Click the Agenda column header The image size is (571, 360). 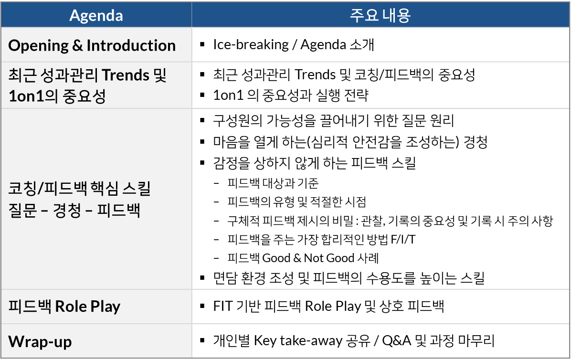96,16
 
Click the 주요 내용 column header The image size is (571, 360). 380,15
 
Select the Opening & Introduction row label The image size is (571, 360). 92,45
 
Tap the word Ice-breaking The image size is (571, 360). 251,44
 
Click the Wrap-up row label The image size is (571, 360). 40,341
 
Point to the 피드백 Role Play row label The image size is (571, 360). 64,306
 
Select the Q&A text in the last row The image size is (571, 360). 397,340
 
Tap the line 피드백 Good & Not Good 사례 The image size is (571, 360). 303,258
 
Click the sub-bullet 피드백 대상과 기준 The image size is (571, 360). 273,183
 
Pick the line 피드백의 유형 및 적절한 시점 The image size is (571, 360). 297,201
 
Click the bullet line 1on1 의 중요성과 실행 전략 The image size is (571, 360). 291,95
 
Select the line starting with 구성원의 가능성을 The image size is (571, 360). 333,120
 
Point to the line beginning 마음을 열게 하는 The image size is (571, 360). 350,142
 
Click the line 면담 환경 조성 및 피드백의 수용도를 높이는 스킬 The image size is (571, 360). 349,278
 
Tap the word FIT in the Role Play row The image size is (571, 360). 222,306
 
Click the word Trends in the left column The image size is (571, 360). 126,75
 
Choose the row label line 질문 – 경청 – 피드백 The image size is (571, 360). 74,210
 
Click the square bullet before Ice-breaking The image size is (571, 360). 202,45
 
